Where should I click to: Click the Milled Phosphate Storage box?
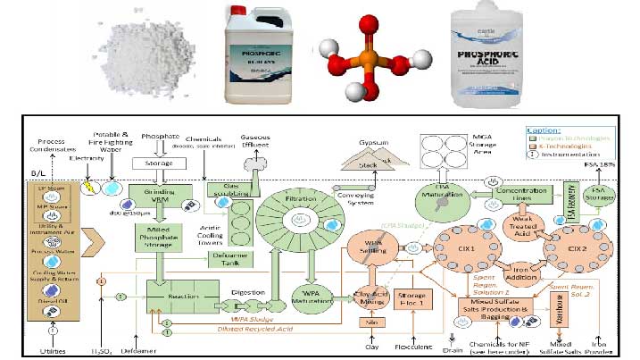(158, 238)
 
